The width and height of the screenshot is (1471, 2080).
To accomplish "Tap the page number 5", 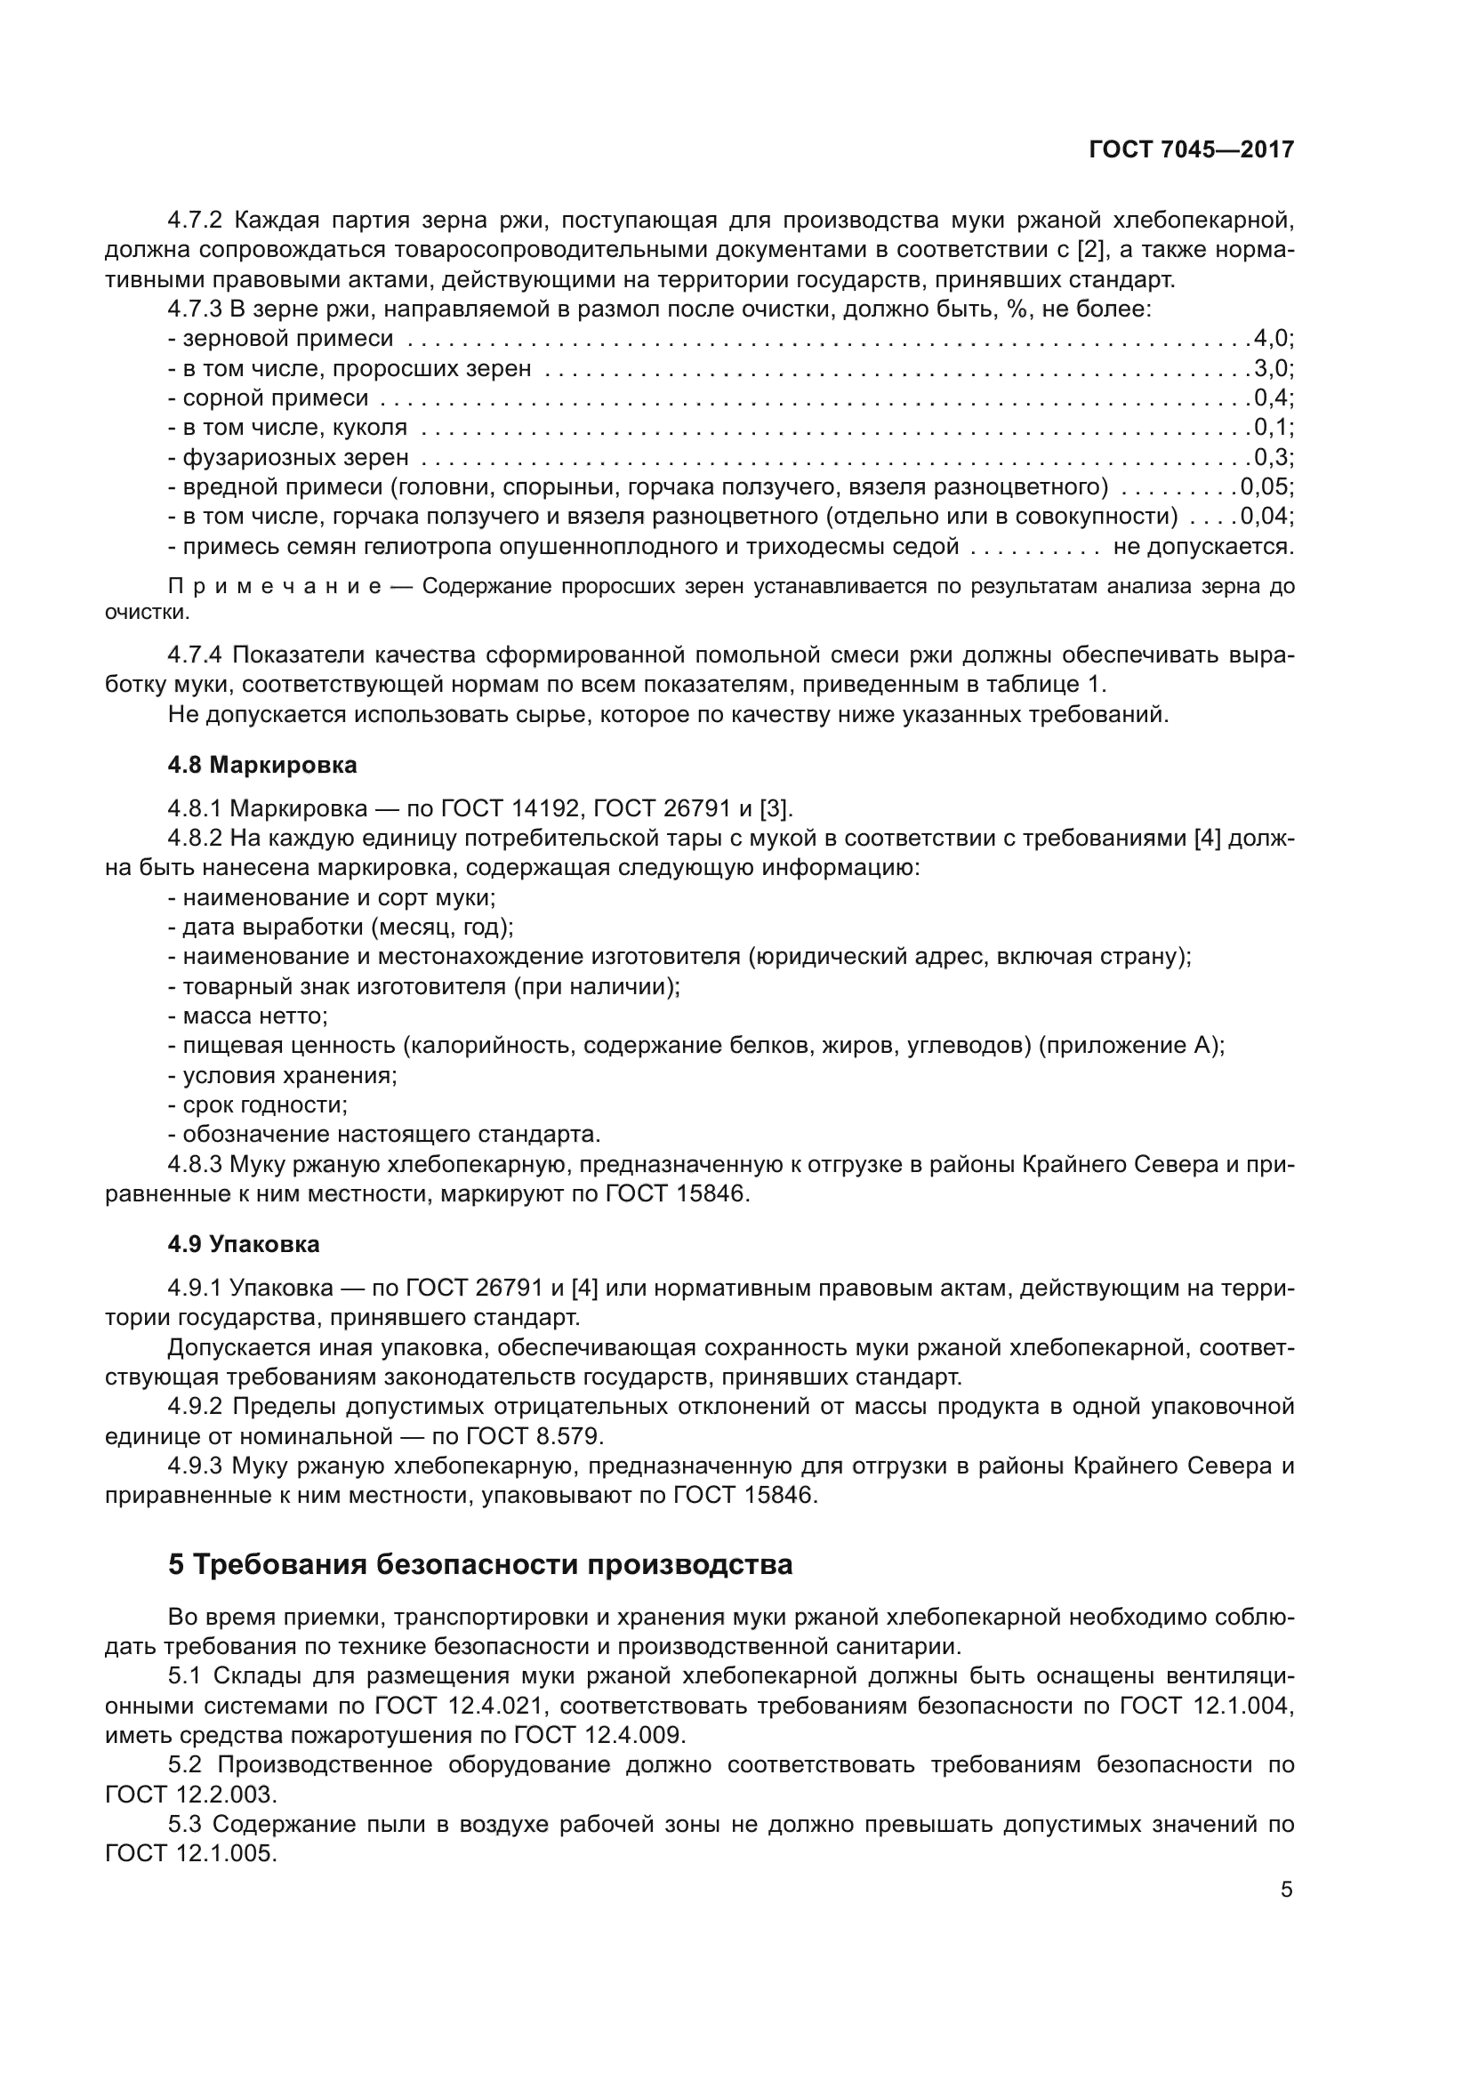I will point(1286,1890).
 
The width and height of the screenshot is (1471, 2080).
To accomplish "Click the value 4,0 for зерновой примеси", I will point(1273,339).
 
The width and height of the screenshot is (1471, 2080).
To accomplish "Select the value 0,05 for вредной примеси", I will point(1266,487).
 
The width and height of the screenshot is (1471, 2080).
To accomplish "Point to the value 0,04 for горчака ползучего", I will point(1266,517).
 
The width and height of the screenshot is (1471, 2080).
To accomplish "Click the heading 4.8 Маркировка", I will point(261,765).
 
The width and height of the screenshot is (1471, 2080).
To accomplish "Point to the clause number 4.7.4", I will point(195,655).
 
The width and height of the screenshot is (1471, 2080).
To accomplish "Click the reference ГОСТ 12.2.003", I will point(188,1795).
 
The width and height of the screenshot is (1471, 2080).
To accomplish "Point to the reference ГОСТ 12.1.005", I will point(188,1853).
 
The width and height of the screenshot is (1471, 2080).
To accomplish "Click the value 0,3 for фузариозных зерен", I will point(1273,457).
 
